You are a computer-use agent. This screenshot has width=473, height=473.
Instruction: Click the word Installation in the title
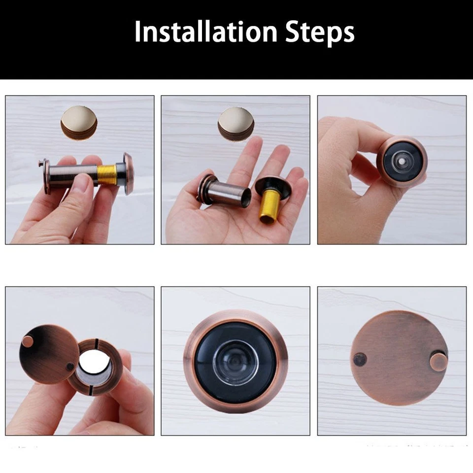tap(204, 32)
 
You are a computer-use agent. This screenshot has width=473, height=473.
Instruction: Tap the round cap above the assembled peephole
tap(79, 122)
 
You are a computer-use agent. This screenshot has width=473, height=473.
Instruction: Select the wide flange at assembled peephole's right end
tap(129, 173)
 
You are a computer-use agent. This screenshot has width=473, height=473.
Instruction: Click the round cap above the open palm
tap(236, 123)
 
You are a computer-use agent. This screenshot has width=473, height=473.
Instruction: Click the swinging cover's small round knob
tap(28, 341)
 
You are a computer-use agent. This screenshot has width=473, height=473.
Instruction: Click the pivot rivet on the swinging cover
tap(70, 367)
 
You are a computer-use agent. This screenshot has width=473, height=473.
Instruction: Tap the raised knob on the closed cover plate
tap(438, 362)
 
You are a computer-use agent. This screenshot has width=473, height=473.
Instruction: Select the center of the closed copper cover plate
tap(399, 359)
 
